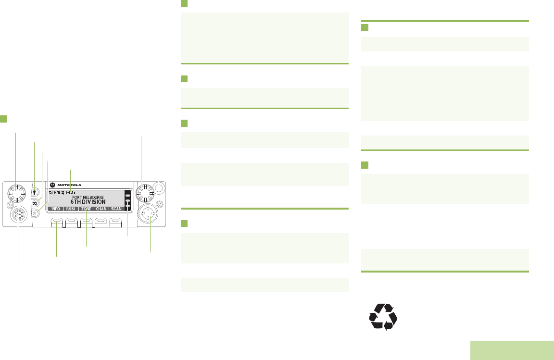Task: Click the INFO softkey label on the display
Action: tap(56, 209)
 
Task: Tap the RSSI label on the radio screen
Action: tap(72, 209)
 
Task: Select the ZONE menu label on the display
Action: tap(87, 209)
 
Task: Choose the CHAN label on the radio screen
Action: tap(101, 209)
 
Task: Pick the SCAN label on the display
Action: tap(116, 209)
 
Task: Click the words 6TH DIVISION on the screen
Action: tap(88, 202)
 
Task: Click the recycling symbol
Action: tap(383, 317)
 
